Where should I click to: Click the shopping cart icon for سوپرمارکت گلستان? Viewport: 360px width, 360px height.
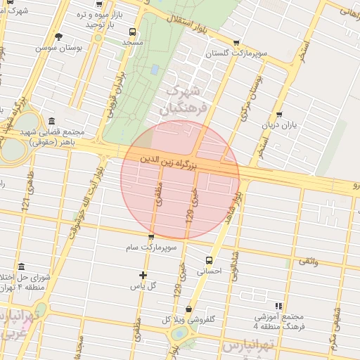pos(236,43)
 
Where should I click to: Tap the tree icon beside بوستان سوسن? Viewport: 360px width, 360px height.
pos(58,37)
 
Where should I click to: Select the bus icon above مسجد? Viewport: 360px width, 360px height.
pos(132,32)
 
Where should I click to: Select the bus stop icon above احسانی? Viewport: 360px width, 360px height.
pos(208,259)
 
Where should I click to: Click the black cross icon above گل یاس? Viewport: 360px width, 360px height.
pos(143,275)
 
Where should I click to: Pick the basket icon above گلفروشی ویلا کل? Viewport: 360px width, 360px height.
pos(188,309)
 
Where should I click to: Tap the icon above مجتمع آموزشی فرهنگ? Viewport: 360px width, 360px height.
pos(279,307)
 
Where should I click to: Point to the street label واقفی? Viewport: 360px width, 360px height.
pos(308,262)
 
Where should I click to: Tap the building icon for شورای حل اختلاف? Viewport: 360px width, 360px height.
pos(21,267)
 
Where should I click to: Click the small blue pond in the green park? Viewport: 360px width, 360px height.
pos(154,69)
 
